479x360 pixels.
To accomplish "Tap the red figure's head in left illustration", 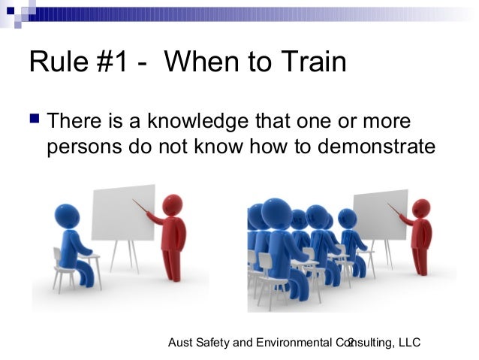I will tap(172, 204).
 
